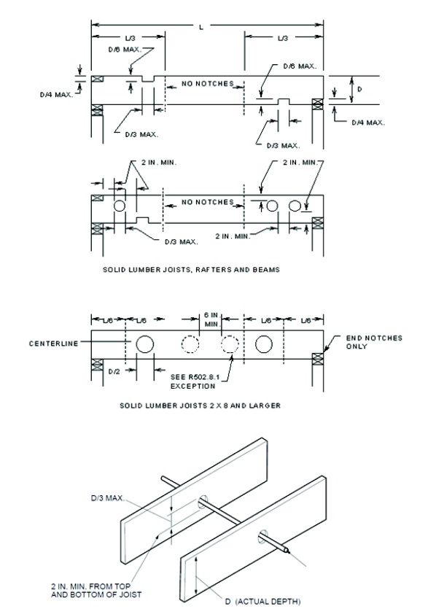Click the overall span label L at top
[201, 27]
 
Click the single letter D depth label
[359, 89]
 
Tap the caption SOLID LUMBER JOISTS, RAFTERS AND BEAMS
[191, 270]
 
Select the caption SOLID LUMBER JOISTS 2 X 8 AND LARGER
[200, 406]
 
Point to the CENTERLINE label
[54, 344]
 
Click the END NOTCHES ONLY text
[374, 342]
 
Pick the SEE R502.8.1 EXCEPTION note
[193, 381]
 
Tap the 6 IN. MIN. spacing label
[212, 319]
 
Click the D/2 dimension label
[114, 372]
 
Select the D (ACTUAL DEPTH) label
[263, 602]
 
